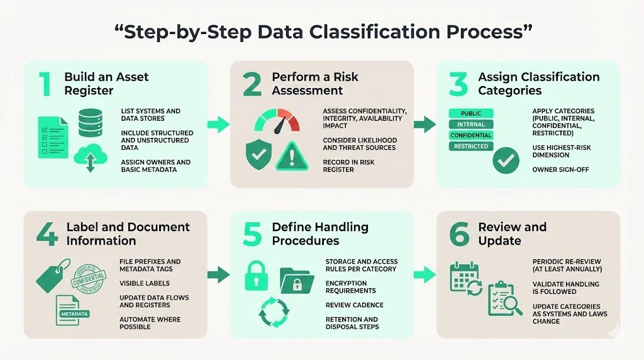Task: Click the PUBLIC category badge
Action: pos(470,113)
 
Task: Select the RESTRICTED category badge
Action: pos(470,146)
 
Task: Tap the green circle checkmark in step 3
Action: pos(506,160)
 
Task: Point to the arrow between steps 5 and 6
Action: pos(425,274)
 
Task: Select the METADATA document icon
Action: pos(72,310)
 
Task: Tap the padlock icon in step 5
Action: pos(258,275)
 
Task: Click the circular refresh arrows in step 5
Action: pos(275,312)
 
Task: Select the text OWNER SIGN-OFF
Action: pos(560,169)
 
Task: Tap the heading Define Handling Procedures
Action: pos(319,233)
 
